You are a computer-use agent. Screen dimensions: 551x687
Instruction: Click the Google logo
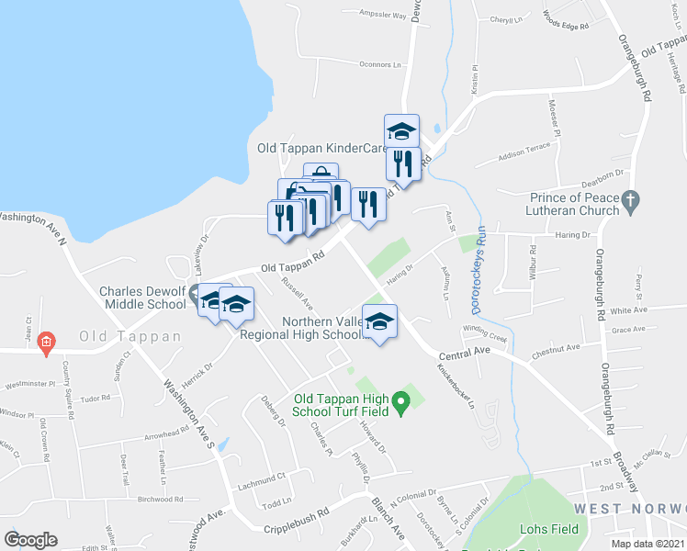tap(30, 539)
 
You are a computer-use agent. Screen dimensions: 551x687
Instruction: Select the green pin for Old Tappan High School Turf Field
tap(400, 400)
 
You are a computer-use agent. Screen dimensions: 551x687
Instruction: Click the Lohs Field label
tap(549, 529)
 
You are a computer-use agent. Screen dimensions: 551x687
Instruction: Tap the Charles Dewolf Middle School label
tap(142, 298)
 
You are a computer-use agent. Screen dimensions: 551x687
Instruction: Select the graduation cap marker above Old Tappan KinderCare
tap(401, 130)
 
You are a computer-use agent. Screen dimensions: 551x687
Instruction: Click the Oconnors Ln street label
tap(381, 65)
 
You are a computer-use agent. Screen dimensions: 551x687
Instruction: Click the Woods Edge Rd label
tap(565, 20)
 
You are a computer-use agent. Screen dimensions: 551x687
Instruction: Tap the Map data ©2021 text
tap(648, 544)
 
